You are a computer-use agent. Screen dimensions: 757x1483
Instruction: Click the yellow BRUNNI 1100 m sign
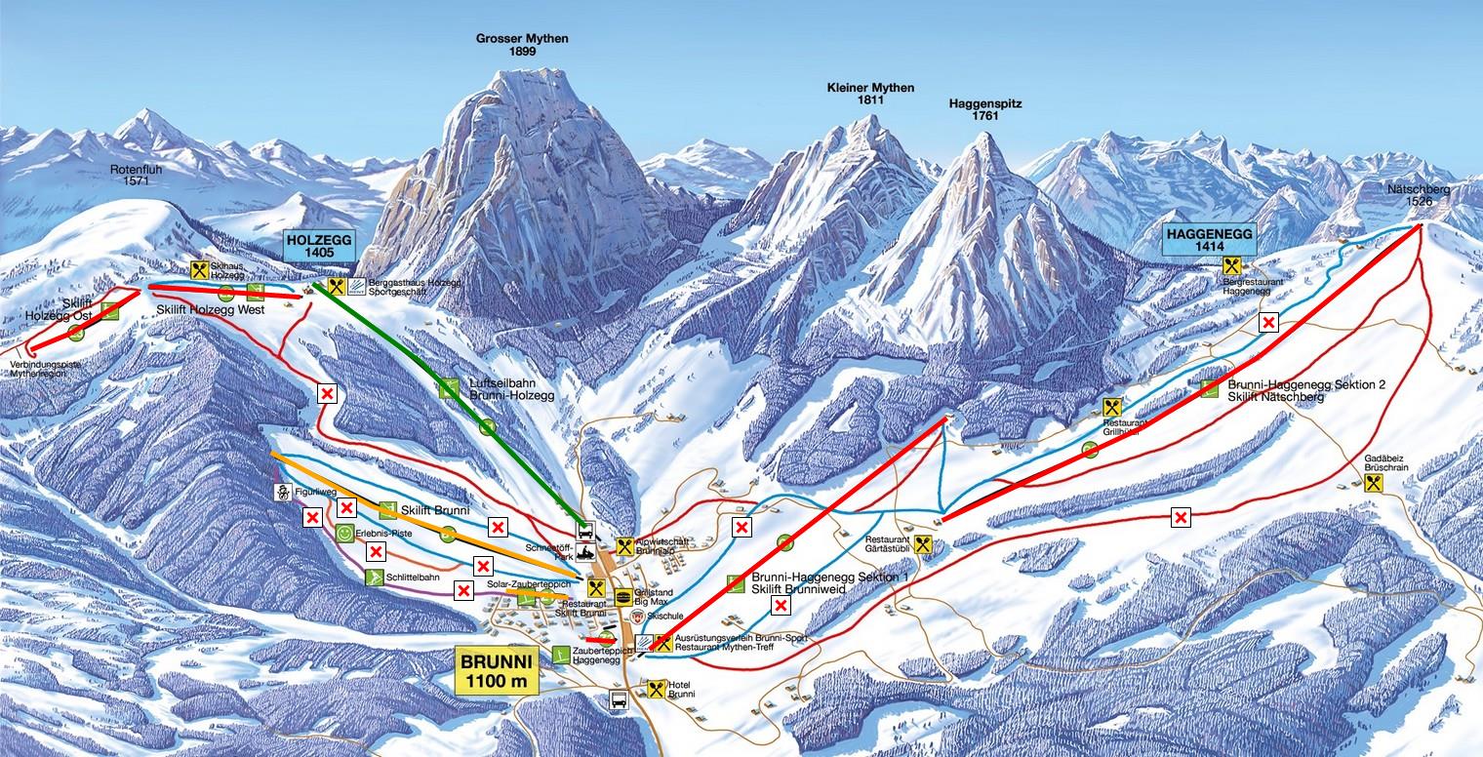[496, 672]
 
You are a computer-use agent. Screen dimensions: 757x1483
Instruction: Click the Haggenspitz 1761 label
[984, 109]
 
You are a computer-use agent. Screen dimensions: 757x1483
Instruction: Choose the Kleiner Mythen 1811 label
[870, 94]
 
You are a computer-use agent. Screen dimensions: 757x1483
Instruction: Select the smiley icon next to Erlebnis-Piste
[345, 533]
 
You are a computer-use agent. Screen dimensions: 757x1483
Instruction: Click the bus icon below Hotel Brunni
[619, 699]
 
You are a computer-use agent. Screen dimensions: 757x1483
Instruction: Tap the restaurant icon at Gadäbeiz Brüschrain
[1376, 483]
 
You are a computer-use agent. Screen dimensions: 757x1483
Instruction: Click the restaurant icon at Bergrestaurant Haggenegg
[1231, 265]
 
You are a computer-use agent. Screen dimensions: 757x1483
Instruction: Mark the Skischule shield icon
[638, 618]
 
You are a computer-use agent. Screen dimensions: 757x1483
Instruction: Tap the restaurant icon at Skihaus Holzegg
[200, 270]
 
